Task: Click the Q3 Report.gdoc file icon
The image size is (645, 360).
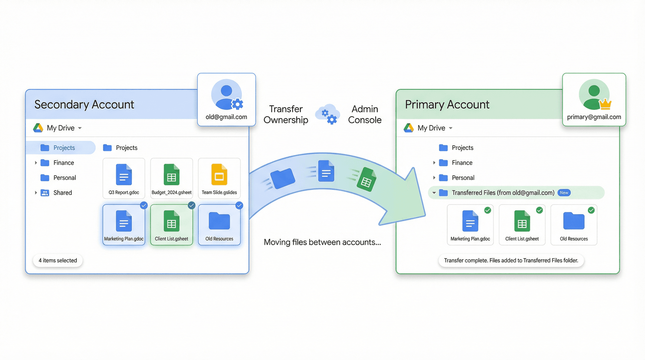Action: pyautogui.click(x=124, y=175)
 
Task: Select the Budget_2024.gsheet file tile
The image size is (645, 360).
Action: pyautogui.click(x=171, y=178)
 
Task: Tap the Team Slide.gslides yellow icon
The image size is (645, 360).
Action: pyautogui.click(x=219, y=175)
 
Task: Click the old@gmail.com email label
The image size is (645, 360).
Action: pyautogui.click(x=226, y=117)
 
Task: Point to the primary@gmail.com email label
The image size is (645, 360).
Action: pyautogui.click(x=594, y=117)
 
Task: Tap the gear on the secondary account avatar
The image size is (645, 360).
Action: pyautogui.click(x=238, y=104)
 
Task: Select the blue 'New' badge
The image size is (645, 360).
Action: pyautogui.click(x=564, y=193)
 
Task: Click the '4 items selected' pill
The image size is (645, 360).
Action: pyautogui.click(x=58, y=261)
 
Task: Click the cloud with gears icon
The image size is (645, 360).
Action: pyautogui.click(x=328, y=114)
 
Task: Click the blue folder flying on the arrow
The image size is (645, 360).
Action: pyautogui.click(x=283, y=178)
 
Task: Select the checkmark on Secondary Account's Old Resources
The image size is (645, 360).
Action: pyautogui.click(x=239, y=206)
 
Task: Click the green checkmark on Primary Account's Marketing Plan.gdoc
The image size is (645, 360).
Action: pyautogui.click(x=487, y=210)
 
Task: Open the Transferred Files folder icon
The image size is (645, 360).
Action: pyautogui.click(x=443, y=193)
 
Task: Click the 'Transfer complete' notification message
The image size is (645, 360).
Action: pyautogui.click(x=511, y=261)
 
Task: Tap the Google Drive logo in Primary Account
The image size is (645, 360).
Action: pyautogui.click(x=408, y=128)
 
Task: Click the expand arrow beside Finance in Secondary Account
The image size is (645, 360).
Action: pyautogui.click(x=36, y=163)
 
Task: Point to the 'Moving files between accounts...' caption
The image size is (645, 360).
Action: pyautogui.click(x=322, y=242)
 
